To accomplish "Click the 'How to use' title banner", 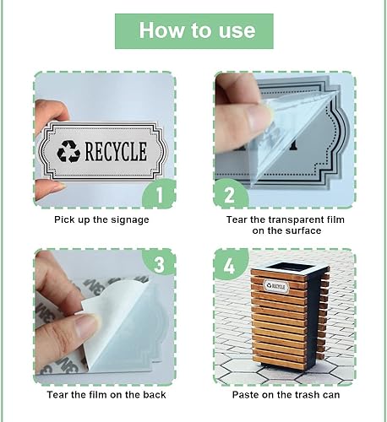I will click(x=193, y=31).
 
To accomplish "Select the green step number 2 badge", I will click(x=228, y=195).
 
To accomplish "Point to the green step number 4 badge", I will click(x=228, y=265).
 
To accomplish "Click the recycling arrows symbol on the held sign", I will click(x=68, y=152).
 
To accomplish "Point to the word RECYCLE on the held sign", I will click(x=115, y=152).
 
